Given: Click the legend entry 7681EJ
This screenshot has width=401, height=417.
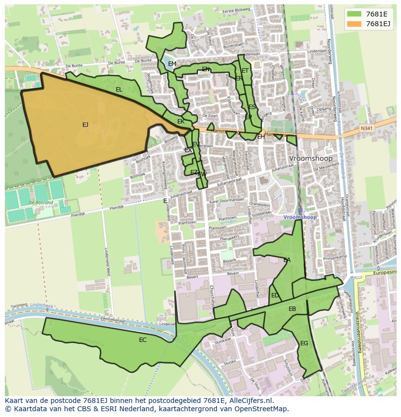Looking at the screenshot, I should pyautogui.click(x=378, y=24).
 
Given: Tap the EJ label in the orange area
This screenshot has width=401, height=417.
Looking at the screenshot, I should pyautogui.click(x=85, y=125).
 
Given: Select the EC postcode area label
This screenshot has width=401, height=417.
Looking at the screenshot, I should pyautogui.click(x=142, y=340).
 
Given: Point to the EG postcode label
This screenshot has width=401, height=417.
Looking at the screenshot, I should pyautogui.click(x=304, y=343).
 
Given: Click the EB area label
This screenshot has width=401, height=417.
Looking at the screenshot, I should pyautogui.click(x=292, y=309).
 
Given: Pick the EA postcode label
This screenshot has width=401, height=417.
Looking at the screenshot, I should pyautogui.click(x=287, y=260).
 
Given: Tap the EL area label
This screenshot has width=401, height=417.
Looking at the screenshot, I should pyautogui.click(x=119, y=90).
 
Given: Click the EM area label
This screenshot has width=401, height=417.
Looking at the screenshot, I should pyautogui.click(x=172, y=64).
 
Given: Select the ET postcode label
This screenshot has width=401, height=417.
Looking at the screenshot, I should pyautogui.click(x=245, y=71).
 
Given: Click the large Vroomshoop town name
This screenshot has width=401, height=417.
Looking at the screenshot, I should pyautogui.click(x=310, y=158).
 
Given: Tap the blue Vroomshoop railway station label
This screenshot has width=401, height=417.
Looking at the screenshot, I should pyautogui.click(x=300, y=217).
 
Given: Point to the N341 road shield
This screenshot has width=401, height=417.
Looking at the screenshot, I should pyautogui.click(x=367, y=128).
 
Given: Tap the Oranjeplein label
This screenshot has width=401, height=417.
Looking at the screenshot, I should pyautogui.click(x=261, y=203).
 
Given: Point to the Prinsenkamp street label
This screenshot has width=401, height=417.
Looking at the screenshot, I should pyautogui.click(x=329, y=257).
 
